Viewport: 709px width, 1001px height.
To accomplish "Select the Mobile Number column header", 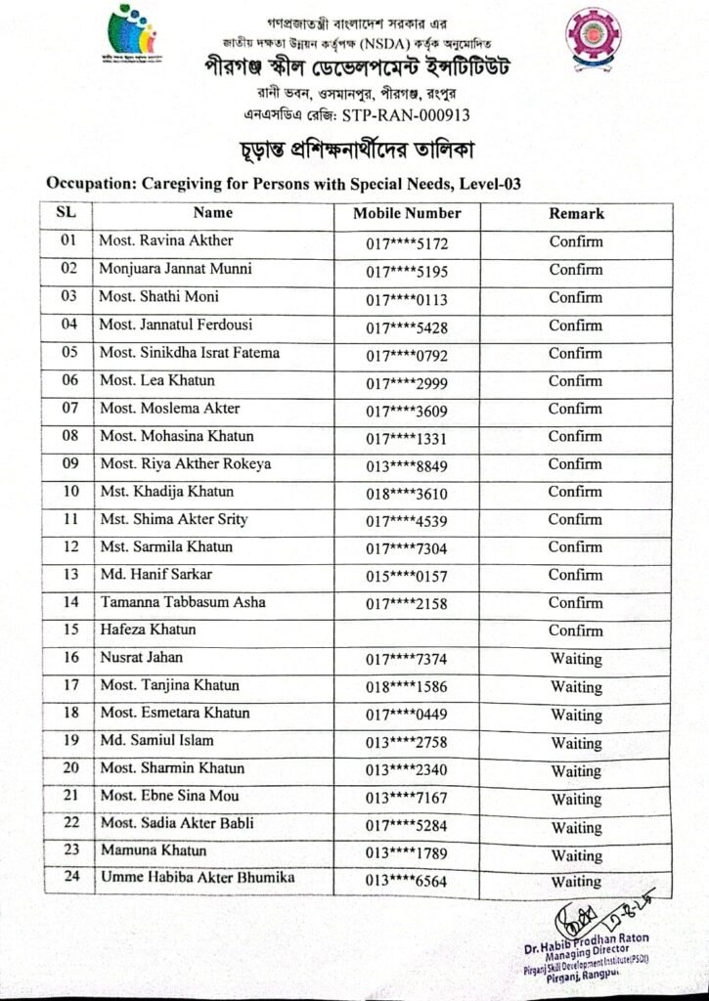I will pos(407,213).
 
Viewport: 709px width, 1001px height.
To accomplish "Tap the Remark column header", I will pos(575,213).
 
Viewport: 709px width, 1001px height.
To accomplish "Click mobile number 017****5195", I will pos(407,270).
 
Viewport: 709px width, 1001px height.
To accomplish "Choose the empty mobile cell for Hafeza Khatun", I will pos(407,630).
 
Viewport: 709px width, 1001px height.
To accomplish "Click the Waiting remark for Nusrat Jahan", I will pos(575,658).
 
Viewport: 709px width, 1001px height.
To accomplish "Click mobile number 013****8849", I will pos(407,465).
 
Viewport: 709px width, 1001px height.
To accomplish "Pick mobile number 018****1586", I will pos(407,686).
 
